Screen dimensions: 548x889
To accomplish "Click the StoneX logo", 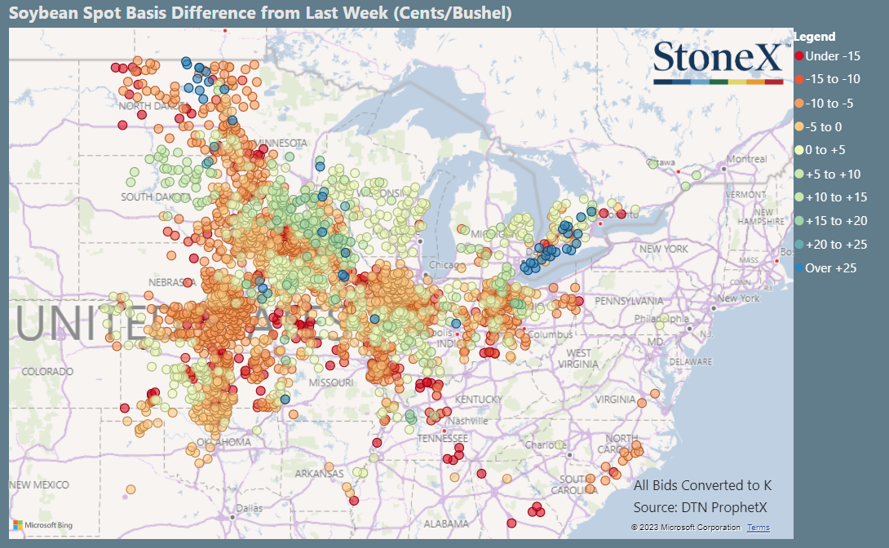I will click(x=717, y=62).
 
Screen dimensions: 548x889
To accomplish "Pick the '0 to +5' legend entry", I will click(x=825, y=150).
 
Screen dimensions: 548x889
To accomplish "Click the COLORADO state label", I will click(x=47, y=371).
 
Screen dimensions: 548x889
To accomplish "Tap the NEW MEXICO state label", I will click(x=38, y=484).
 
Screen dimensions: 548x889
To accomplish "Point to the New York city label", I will click(x=738, y=298).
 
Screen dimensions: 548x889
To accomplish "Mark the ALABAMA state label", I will click(x=445, y=524).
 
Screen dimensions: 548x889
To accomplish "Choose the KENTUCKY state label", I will click(x=479, y=399).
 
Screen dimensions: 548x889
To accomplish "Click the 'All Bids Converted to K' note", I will click(x=702, y=485).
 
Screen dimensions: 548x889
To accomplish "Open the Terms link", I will click(x=758, y=528).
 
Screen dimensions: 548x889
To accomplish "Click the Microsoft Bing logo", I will click(x=43, y=524).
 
